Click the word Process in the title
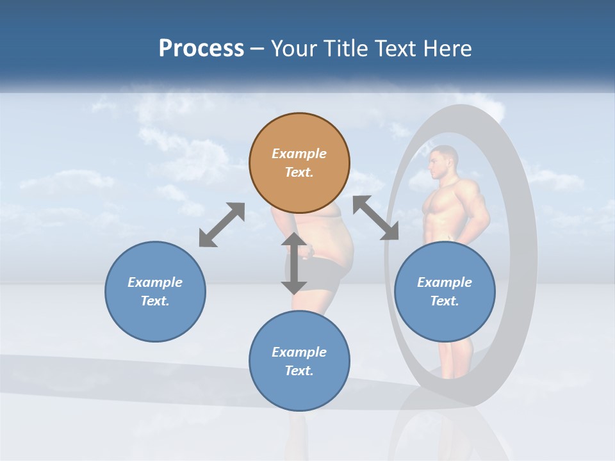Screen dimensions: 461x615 pyautogui.click(x=201, y=48)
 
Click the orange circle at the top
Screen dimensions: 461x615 pyautogui.click(x=299, y=163)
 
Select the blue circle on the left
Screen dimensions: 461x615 pyautogui.click(x=155, y=291)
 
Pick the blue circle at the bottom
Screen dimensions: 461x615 pyautogui.click(x=299, y=361)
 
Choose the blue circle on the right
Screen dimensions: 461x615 pyautogui.click(x=445, y=291)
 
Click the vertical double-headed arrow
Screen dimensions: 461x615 pyautogui.click(x=294, y=263)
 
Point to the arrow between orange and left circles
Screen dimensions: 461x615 pyautogui.click(x=222, y=225)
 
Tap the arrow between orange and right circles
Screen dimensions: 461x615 pyautogui.click(x=375, y=218)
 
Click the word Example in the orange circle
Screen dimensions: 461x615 pyautogui.click(x=299, y=154)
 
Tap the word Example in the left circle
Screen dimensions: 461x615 pyautogui.click(x=155, y=282)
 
